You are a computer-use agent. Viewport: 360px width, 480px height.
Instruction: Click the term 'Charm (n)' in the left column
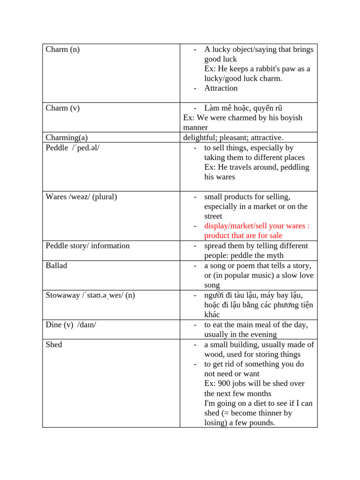point(62,49)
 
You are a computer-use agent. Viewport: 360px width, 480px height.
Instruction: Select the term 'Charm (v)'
point(62,108)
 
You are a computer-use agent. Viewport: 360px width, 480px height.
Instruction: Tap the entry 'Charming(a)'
point(67,137)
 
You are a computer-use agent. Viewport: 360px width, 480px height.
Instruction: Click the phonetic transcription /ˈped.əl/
point(85,148)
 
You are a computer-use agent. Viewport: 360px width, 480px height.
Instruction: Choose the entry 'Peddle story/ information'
point(88,246)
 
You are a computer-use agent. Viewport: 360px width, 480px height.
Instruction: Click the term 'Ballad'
point(56,265)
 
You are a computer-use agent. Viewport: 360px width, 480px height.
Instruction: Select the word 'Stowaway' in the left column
point(62,295)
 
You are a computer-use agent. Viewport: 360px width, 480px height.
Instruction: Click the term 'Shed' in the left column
point(53,345)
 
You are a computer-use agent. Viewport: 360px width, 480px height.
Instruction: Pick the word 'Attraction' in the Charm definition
point(221,88)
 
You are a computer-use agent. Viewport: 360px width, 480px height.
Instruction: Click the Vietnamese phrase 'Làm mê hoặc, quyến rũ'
point(243,108)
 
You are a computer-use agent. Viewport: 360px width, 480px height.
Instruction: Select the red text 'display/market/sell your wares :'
point(257,226)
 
